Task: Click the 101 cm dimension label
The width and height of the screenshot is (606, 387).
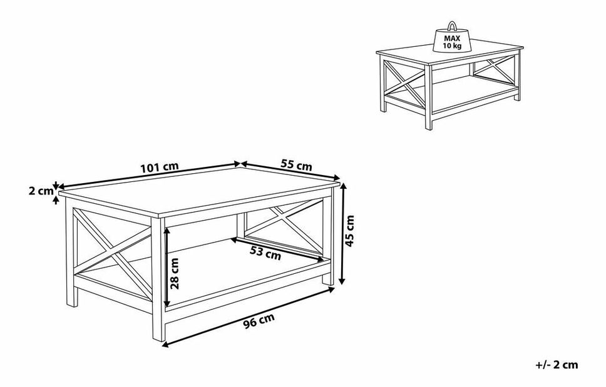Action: tap(159, 168)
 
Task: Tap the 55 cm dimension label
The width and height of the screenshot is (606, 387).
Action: tap(296, 165)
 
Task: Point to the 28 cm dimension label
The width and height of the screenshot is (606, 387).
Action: tap(175, 273)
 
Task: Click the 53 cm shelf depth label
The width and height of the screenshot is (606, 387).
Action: tap(265, 253)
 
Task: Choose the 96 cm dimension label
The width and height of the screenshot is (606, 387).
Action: tap(259, 321)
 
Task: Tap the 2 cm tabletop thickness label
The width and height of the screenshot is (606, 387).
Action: tap(41, 191)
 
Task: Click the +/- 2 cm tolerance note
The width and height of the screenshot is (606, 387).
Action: tap(557, 364)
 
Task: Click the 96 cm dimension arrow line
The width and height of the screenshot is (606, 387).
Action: tap(248, 316)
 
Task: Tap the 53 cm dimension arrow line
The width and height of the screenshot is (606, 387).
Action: tap(277, 250)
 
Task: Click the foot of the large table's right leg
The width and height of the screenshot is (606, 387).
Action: tap(328, 280)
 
